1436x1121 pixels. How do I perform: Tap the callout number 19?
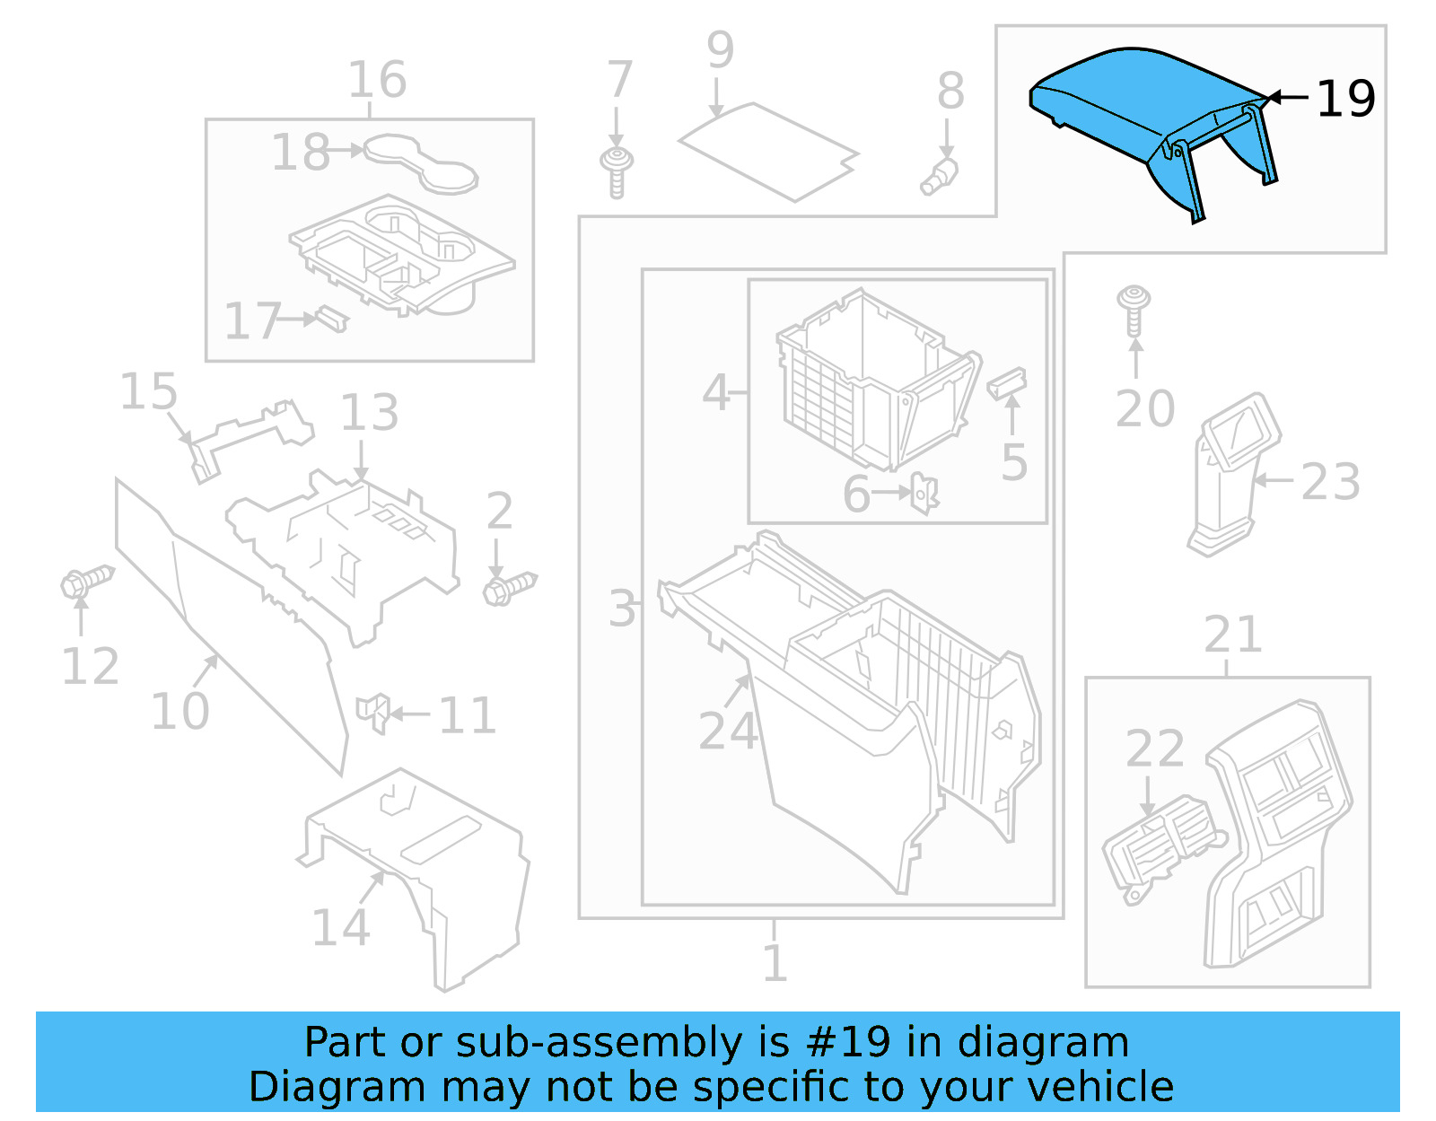pos(1344,99)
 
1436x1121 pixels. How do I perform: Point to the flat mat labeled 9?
pos(767,150)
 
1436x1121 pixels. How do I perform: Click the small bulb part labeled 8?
pos(940,176)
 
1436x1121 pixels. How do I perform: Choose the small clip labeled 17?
pos(331,318)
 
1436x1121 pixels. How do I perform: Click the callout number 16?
pos(377,80)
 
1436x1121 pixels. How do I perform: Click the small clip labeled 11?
pos(373,713)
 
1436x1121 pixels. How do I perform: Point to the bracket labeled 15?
pos(247,435)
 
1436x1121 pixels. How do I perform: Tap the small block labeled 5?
pos(1007,382)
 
